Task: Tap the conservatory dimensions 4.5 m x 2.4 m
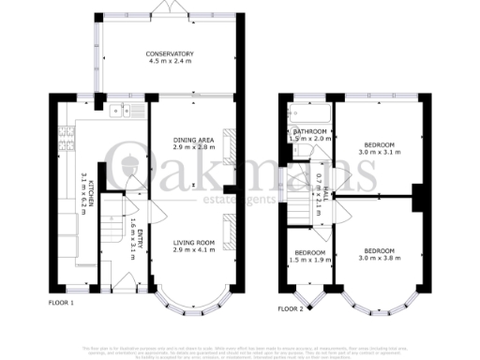[170, 62]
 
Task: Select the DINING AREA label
[193, 141]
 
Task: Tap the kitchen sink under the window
[121, 112]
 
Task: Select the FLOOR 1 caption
[61, 303]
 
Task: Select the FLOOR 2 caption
[291, 307]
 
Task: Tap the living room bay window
[194, 303]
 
